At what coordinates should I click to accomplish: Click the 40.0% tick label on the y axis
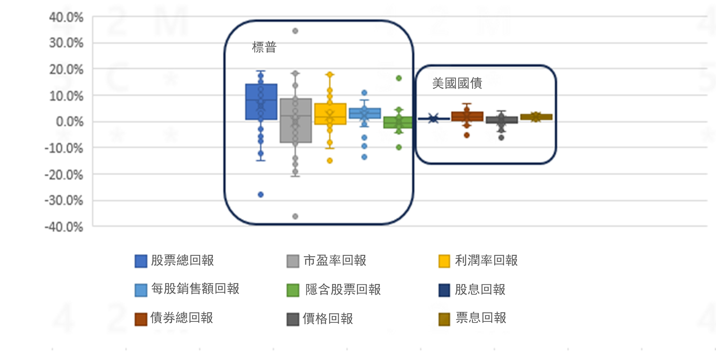click(x=66, y=17)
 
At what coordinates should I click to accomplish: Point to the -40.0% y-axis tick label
click(x=64, y=227)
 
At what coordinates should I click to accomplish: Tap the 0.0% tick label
click(x=69, y=122)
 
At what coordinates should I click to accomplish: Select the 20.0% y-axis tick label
click(x=66, y=70)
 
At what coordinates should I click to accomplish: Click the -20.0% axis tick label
click(x=64, y=175)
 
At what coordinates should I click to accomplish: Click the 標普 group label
click(x=264, y=47)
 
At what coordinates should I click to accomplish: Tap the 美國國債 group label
click(x=457, y=83)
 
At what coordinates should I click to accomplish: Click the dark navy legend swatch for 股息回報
click(x=444, y=290)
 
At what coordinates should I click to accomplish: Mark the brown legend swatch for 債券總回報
click(x=141, y=319)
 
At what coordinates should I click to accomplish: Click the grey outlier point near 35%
click(x=295, y=31)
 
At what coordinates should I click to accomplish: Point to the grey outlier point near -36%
click(x=295, y=216)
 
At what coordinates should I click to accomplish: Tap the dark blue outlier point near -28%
click(x=261, y=195)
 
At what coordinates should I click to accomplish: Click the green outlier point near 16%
click(x=399, y=78)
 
